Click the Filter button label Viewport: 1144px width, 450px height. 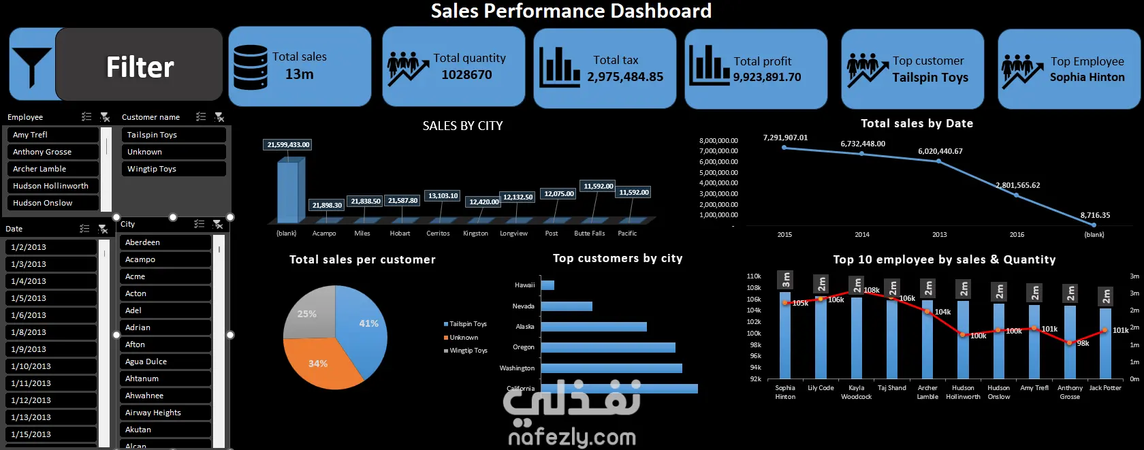(140, 67)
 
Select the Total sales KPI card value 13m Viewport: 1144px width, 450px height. (299, 74)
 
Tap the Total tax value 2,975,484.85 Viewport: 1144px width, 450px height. (625, 77)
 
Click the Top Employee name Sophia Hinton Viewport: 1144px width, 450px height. (1087, 78)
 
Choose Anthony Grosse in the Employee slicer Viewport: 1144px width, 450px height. (42, 152)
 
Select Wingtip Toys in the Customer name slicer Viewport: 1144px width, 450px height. (152, 169)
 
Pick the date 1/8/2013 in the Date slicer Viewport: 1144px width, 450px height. (29, 332)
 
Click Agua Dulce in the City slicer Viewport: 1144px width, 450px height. (146, 361)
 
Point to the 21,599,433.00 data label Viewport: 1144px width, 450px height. (288, 144)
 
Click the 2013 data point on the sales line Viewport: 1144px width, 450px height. (939, 161)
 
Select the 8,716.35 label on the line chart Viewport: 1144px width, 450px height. (1095, 215)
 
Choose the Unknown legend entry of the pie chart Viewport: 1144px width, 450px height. (464, 338)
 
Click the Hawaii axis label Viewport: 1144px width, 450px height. (524, 285)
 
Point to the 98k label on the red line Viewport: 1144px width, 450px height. (1083, 344)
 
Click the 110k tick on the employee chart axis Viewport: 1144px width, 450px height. (754, 276)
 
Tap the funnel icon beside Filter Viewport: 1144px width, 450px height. (31, 65)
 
